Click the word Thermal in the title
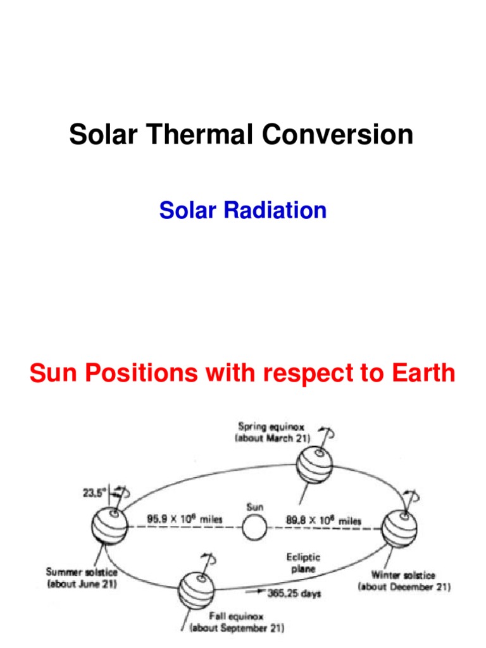tap(199, 135)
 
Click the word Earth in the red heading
tap(419, 373)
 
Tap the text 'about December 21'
tap(404, 587)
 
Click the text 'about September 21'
tap(237, 628)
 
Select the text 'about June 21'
tap(82, 584)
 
